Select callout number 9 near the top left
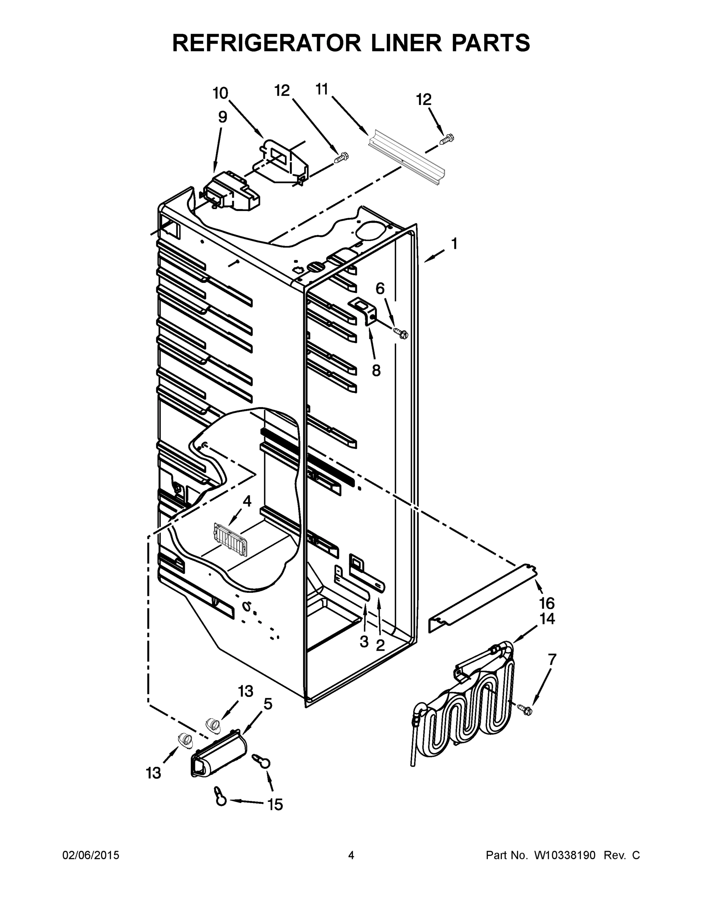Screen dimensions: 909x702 coord(223,118)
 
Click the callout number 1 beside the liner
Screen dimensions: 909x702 coord(454,244)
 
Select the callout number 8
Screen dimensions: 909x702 coord(376,370)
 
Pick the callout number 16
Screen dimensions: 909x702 coord(547,603)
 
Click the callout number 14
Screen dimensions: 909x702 coord(547,619)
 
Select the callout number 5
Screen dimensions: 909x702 coord(268,704)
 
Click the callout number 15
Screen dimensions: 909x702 coord(275,804)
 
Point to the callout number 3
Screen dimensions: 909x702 coord(364,642)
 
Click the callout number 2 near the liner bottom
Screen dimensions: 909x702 coord(380,645)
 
